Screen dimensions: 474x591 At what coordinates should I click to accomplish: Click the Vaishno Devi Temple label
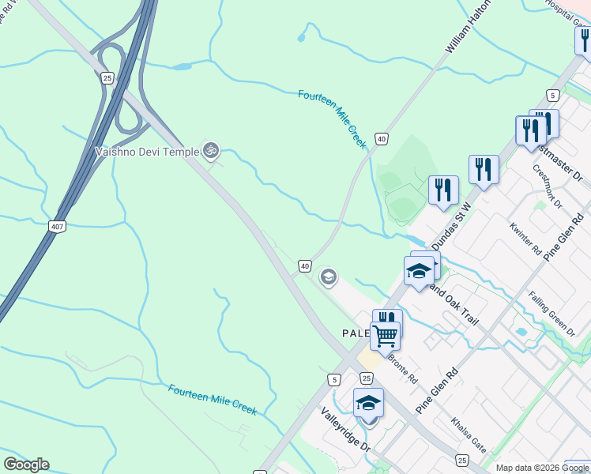[x=146, y=151]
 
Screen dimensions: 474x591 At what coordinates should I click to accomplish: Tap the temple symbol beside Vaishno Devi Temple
[x=210, y=149]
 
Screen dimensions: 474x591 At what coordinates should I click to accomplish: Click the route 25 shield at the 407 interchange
[x=107, y=77]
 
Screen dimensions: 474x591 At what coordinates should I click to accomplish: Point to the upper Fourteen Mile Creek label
[x=333, y=118]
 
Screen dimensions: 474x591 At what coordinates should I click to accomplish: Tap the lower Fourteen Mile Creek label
[x=213, y=401]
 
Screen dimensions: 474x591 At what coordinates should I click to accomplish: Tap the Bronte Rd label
[x=402, y=367]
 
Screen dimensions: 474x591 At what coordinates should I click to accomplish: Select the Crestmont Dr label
[x=546, y=185]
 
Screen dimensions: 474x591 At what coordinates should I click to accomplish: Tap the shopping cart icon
[x=385, y=335]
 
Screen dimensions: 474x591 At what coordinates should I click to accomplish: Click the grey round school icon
[x=328, y=277]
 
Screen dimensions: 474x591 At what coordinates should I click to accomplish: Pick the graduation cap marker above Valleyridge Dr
[x=368, y=403]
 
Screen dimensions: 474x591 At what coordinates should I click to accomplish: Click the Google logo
[x=26, y=465]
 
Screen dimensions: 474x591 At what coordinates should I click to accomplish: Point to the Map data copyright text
[x=542, y=468]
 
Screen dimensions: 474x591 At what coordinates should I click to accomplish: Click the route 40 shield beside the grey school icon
[x=305, y=266]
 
